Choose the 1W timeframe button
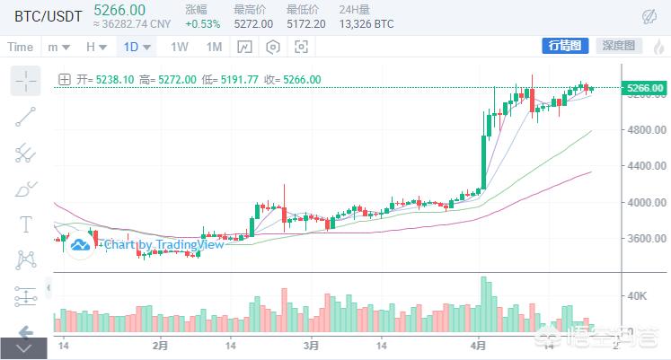point(180,47)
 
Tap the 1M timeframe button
point(213,47)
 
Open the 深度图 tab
point(618,46)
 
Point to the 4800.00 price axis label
point(645,129)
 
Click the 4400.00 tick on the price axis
point(645,166)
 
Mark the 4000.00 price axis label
point(645,202)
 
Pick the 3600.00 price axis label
point(645,239)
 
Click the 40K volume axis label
point(638,295)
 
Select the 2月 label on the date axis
point(161,345)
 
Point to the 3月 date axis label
point(311,345)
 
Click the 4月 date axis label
point(479,345)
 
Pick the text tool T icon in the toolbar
point(25,224)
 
